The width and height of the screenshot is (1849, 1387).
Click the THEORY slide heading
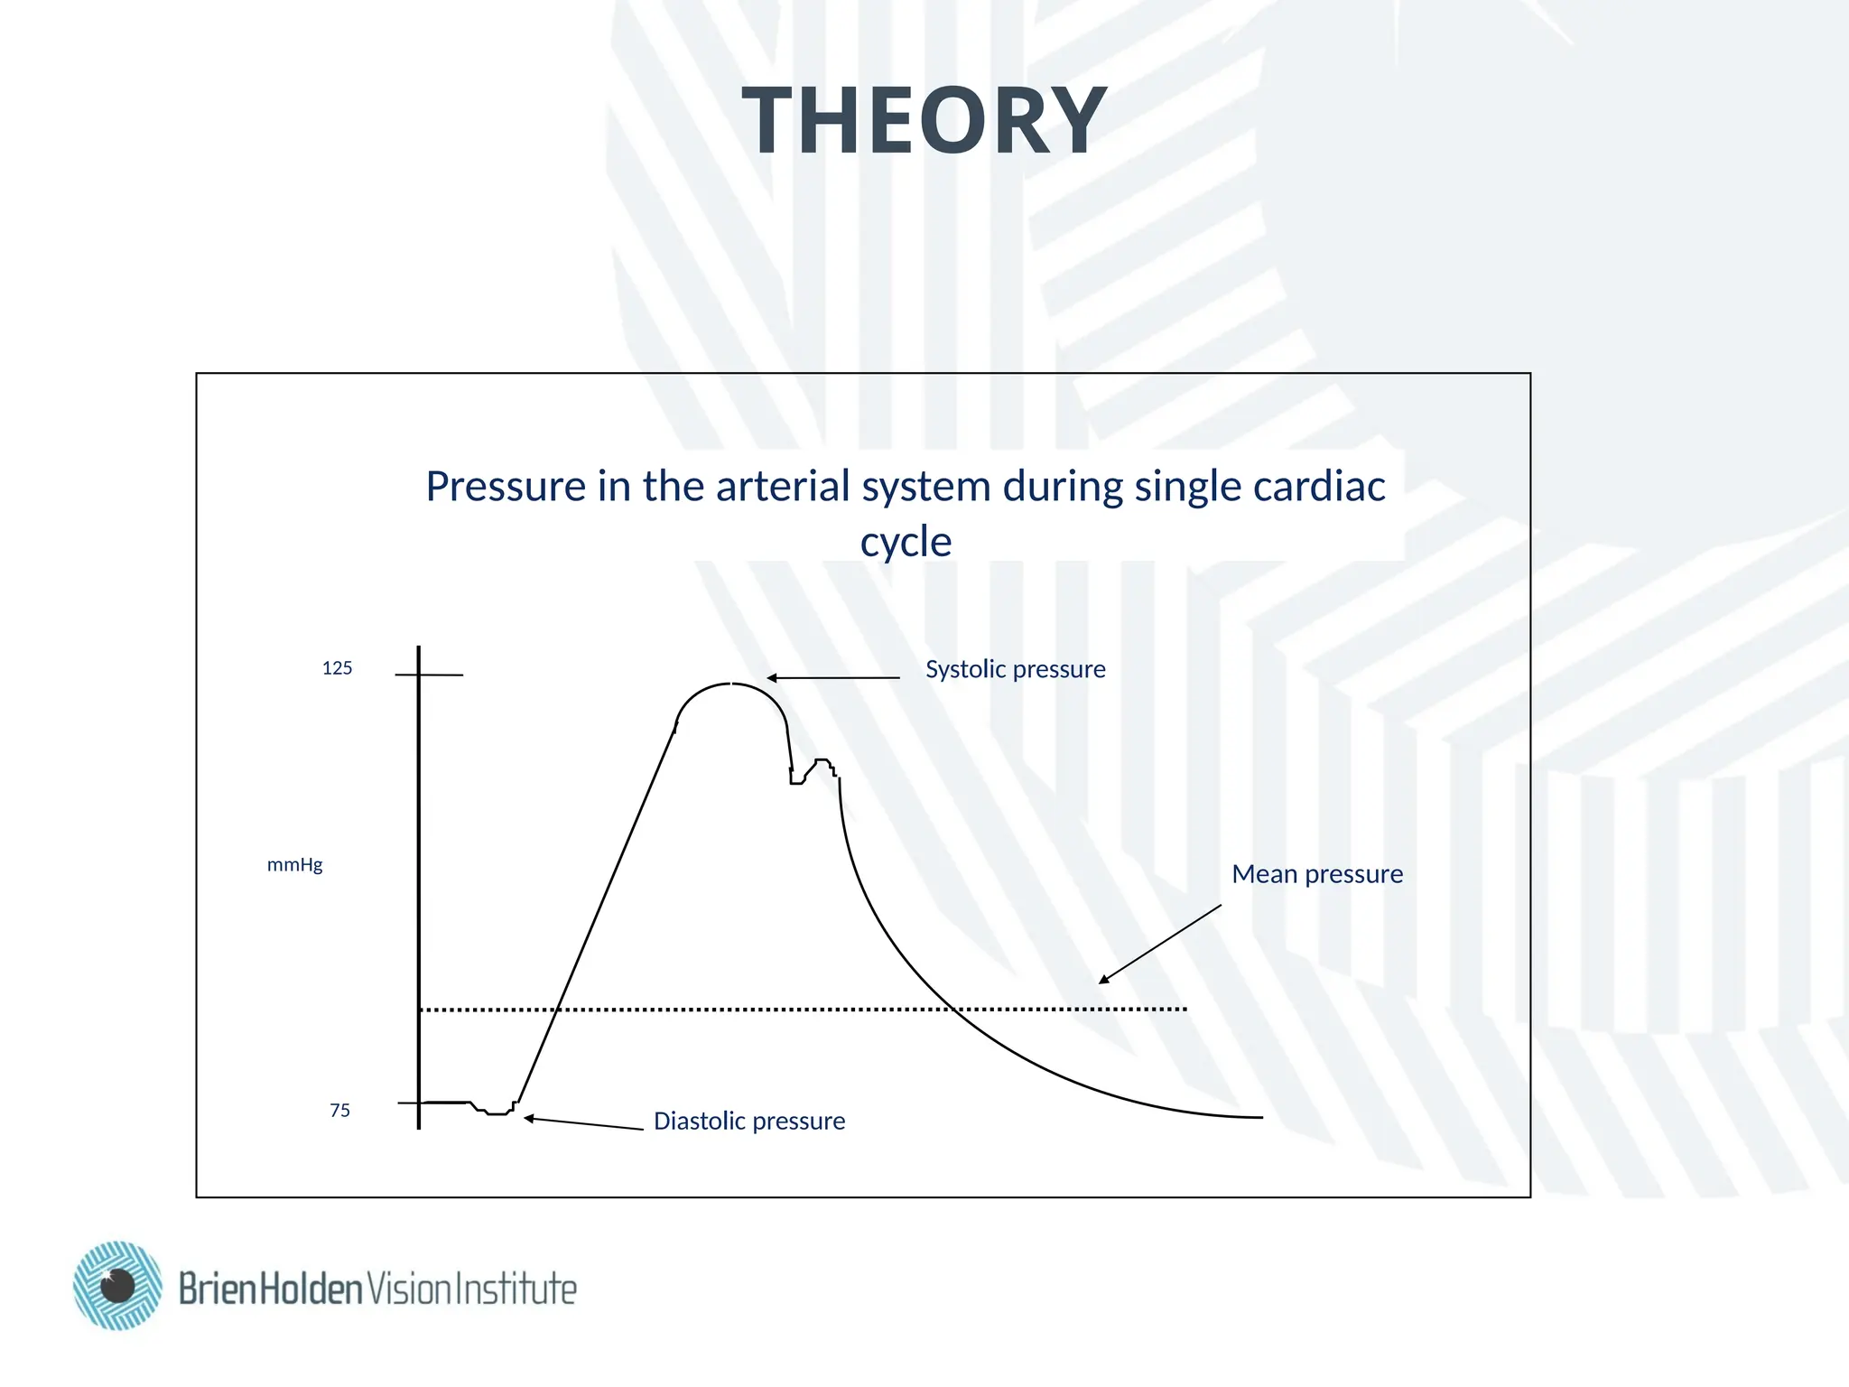(924, 121)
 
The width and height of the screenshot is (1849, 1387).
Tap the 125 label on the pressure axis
(337, 668)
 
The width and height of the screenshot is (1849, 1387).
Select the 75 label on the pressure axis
(339, 1111)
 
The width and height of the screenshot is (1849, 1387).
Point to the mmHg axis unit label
(294, 865)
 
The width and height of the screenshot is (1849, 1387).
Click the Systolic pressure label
(1015, 669)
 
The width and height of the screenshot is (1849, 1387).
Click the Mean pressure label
(1316, 874)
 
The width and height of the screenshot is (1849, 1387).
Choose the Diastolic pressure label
(748, 1122)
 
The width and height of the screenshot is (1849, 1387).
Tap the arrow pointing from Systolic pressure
(832, 677)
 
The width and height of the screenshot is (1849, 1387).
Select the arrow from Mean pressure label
(1159, 945)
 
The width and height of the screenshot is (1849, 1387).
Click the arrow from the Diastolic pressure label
(583, 1123)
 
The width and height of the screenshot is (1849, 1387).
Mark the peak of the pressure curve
(731, 684)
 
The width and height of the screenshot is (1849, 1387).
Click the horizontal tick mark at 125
(430, 675)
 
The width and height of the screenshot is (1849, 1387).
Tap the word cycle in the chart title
(906, 542)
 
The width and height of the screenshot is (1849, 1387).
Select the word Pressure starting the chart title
(506, 486)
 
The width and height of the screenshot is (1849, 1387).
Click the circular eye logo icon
(118, 1285)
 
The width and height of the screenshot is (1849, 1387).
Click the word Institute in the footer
(515, 1289)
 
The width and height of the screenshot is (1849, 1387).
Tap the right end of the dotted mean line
(1184, 1009)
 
